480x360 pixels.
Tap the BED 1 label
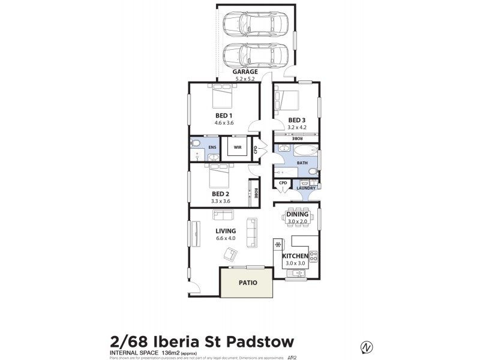click(224, 116)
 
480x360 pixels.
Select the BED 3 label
click(296, 120)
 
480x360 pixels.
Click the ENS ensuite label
click(212, 147)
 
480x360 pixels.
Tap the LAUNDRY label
click(306, 188)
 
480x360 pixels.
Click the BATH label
click(302, 162)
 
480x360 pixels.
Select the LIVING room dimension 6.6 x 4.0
click(226, 238)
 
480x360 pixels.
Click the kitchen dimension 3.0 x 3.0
click(296, 263)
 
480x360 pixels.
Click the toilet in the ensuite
click(195, 145)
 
